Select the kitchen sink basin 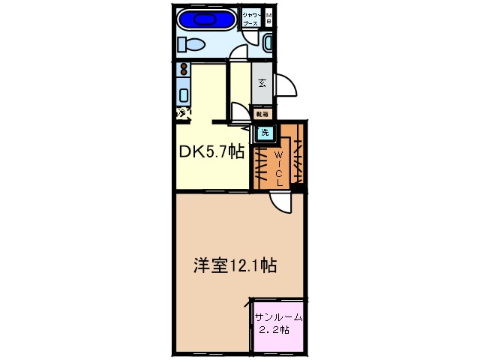183,95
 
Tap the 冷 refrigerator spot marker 182,113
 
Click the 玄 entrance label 262,83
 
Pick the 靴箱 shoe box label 262,114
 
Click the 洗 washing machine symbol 264,133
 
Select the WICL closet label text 278,164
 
